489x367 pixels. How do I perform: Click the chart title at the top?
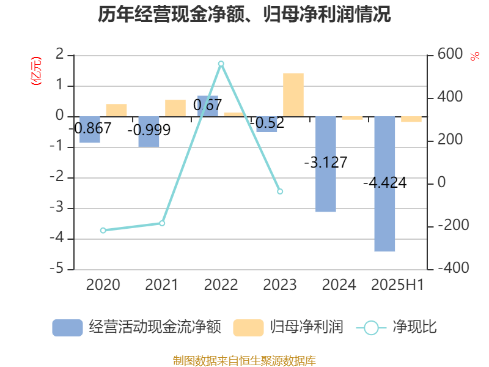tap(244, 14)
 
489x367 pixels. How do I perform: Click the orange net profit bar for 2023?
tap(293, 95)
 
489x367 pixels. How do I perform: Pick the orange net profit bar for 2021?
tap(175, 108)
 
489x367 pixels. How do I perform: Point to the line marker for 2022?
tap(221, 64)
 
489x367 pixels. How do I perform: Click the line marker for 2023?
tap(280, 191)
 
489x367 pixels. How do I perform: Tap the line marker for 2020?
tap(103, 231)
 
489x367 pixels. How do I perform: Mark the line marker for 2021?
tap(162, 223)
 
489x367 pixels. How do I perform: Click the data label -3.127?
tap(325, 162)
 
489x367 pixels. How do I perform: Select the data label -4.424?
tap(384, 183)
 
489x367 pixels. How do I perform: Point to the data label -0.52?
tap(267, 124)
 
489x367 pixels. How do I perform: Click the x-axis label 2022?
tap(221, 284)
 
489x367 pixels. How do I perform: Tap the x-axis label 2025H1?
tap(397, 284)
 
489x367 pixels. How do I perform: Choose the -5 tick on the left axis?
tap(60, 269)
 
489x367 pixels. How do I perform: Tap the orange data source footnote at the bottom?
tap(244, 360)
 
